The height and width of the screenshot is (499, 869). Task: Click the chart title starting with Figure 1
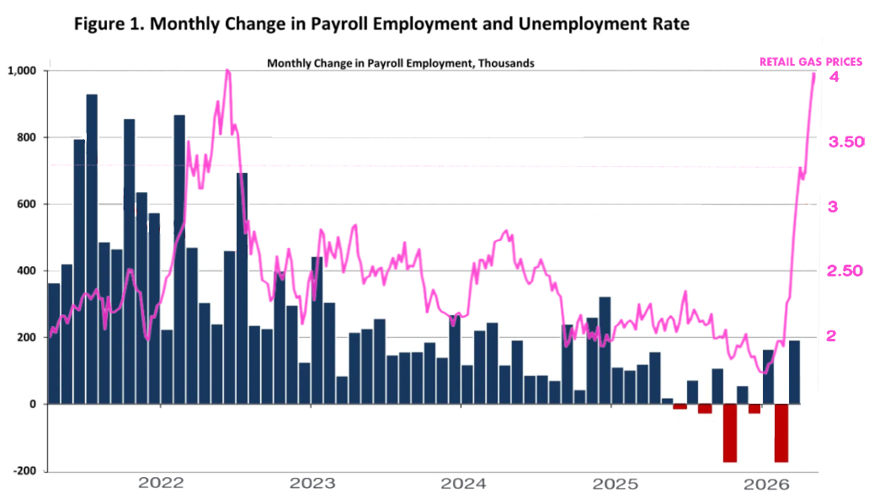click(x=381, y=24)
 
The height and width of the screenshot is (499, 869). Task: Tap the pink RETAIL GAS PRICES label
click(x=811, y=62)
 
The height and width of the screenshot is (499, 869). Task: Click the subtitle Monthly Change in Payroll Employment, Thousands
click(x=400, y=63)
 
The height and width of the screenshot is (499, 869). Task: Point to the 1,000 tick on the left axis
click(x=23, y=71)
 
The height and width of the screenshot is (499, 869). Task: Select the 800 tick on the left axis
click(x=28, y=137)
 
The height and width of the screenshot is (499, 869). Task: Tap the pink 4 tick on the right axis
click(x=834, y=77)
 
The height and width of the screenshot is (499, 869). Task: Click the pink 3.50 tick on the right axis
click(x=846, y=142)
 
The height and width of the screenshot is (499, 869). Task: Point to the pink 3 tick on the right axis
click(x=834, y=207)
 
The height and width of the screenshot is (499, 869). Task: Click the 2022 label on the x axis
click(x=161, y=484)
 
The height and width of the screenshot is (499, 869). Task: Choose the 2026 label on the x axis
click(x=765, y=484)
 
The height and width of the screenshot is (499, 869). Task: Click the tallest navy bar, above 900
click(x=92, y=249)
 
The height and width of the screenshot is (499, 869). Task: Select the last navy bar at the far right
click(x=794, y=372)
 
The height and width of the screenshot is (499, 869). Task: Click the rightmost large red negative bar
click(x=781, y=433)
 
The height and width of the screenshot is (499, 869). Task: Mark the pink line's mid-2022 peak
click(x=228, y=72)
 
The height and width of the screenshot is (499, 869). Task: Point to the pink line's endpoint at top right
click(x=814, y=74)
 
